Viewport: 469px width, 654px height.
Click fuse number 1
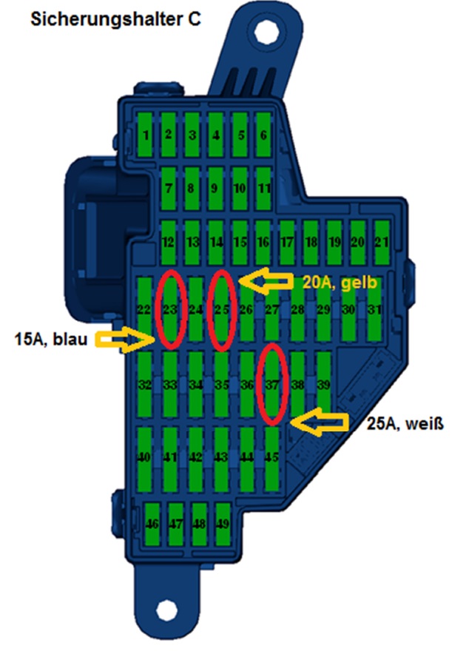(x=146, y=135)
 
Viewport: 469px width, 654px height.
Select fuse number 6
(x=263, y=135)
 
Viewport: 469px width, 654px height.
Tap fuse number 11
(x=263, y=189)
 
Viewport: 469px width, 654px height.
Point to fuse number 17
(x=286, y=242)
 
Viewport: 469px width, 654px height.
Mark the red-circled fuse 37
(x=272, y=385)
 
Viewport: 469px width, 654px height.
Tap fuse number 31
(x=374, y=309)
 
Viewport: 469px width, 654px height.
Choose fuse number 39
(x=323, y=385)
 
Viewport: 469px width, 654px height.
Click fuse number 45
(x=271, y=456)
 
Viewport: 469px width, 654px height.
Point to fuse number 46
(x=153, y=524)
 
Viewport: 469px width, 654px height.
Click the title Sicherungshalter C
(x=115, y=20)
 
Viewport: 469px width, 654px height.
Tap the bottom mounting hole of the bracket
(x=166, y=611)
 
